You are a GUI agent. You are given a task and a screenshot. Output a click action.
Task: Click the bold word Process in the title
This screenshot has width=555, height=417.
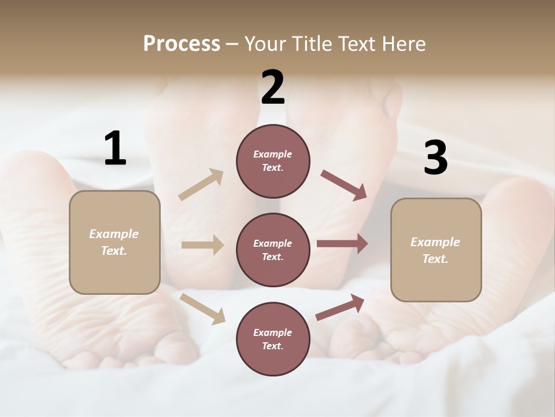coord(182,44)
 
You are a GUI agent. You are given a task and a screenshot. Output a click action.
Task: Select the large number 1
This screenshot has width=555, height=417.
coord(115,149)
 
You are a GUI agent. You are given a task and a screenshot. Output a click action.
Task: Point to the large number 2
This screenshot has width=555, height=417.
coord(273,87)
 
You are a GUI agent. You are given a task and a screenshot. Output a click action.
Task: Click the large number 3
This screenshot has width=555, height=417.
coord(435,158)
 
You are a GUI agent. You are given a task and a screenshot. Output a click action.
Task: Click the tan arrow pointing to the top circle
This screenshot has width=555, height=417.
coord(201,185)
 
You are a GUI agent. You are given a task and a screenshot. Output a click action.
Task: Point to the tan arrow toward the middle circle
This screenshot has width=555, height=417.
coord(202,245)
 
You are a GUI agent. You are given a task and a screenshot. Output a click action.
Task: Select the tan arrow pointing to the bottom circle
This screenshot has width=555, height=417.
coord(203,309)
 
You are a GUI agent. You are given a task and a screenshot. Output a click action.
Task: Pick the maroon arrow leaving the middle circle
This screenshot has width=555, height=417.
coord(342,244)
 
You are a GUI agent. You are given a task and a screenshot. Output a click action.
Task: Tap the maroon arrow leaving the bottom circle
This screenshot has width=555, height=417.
coord(340,307)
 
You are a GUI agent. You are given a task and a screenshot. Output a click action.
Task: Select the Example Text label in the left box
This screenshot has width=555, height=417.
coord(114,242)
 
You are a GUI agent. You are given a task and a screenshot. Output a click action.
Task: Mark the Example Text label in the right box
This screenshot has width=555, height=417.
coord(435,250)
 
